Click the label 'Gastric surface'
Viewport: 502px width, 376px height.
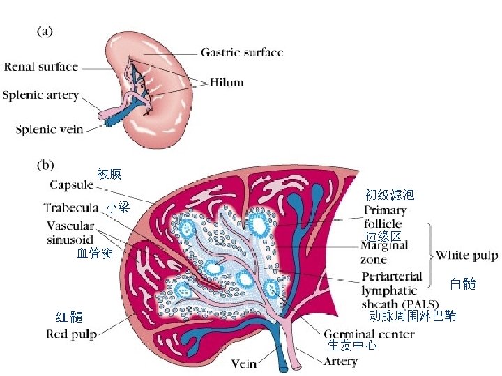pyautogui.click(x=242, y=52)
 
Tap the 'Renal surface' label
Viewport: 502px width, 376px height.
pyautogui.click(x=41, y=68)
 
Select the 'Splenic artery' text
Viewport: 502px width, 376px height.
pyautogui.click(x=40, y=95)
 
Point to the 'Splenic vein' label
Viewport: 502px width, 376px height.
pyautogui.click(x=49, y=128)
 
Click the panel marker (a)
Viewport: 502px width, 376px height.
pyautogui.click(x=45, y=32)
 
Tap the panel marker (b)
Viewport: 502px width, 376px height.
pyautogui.click(x=45, y=165)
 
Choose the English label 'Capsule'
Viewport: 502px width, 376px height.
pyautogui.click(x=71, y=185)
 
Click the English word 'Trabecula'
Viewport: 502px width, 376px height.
pyautogui.click(x=70, y=207)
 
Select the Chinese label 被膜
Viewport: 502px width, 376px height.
pyautogui.click(x=109, y=173)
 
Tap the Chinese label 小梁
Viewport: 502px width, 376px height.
pyautogui.click(x=118, y=207)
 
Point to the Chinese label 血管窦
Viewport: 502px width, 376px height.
pyautogui.click(x=95, y=253)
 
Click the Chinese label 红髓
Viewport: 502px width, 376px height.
pyautogui.click(x=69, y=318)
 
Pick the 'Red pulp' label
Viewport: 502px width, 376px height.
pyautogui.click(x=71, y=334)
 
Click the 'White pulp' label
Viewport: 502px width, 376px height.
pyautogui.click(x=466, y=256)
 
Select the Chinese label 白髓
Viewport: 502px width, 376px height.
pyautogui.click(x=462, y=283)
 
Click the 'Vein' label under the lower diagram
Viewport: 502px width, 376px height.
pyautogui.click(x=243, y=363)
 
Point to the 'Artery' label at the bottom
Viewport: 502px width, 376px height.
pyautogui.click(x=340, y=361)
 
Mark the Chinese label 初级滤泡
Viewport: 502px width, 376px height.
pyautogui.click(x=390, y=195)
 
